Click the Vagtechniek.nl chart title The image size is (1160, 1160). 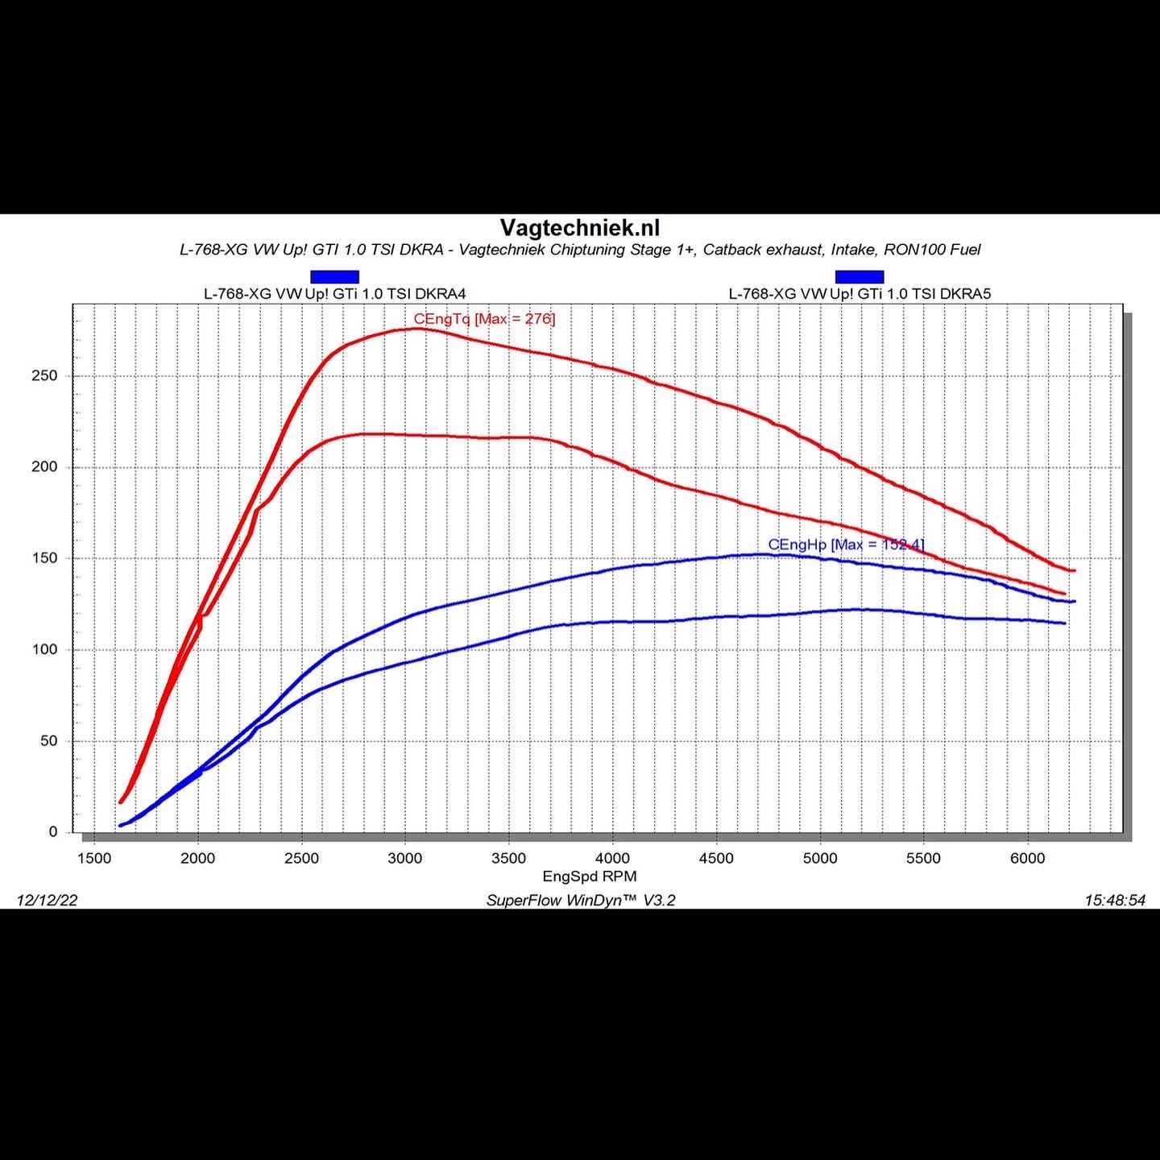pos(580,228)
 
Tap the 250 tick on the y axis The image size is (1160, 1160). pos(44,376)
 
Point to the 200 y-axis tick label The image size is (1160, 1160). pos(44,467)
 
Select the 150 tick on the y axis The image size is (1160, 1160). pos(44,558)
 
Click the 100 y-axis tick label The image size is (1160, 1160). pos(44,650)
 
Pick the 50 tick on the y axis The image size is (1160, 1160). pos(48,741)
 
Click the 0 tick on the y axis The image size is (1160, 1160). pos(53,832)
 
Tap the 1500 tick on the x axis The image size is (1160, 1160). pos(94,859)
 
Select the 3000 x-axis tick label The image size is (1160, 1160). pos(405,859)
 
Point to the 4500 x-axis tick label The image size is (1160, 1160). pos(716,859)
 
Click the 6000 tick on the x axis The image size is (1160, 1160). pos(1027,859)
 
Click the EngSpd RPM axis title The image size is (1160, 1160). pos(590,876)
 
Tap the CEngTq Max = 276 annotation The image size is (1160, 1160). pos(484,319)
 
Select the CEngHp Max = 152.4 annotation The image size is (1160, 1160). pos(846,545)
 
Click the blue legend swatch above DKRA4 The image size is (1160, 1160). pos(334,277)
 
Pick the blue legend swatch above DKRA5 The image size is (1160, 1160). pos(860,277)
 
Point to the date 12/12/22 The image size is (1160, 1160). pos(48,901)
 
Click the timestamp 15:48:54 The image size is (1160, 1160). pos(1115,901)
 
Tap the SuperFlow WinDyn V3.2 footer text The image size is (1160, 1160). pos(581,901)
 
